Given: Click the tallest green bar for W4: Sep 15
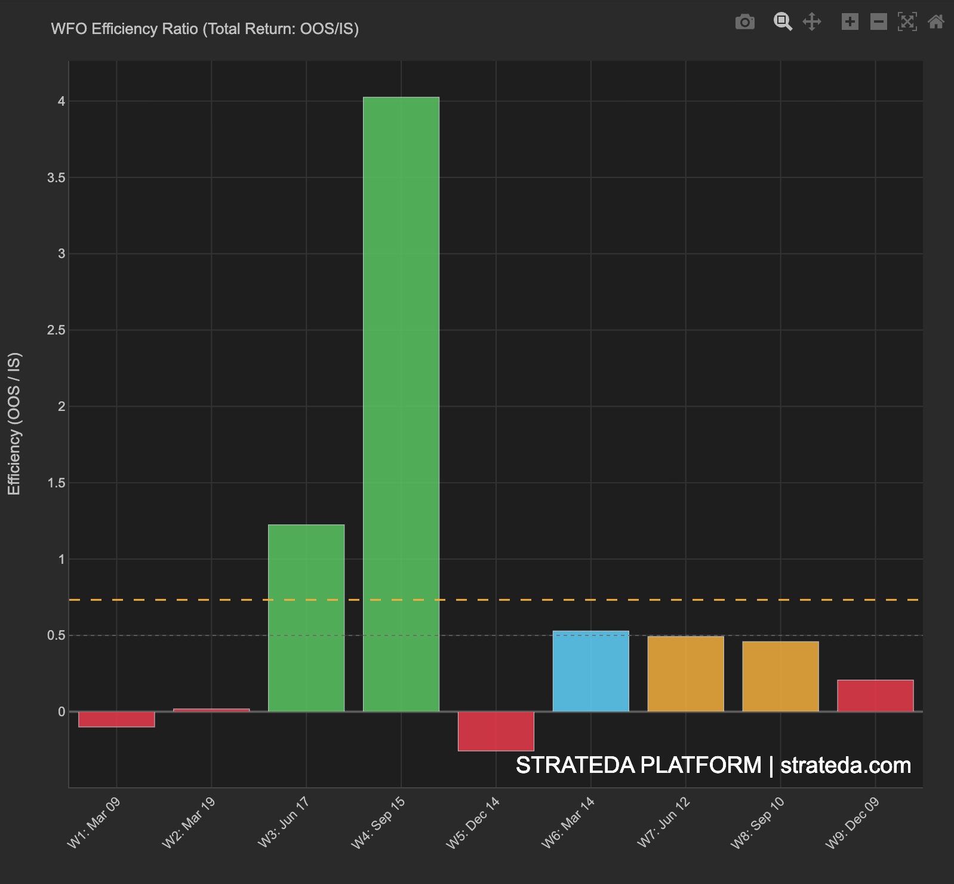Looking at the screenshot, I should (x=401, y=404).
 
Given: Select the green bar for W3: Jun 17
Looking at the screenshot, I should (x=306, y=618).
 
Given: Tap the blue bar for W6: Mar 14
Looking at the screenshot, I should (x=591, y=671).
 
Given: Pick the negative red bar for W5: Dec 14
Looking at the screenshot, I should (x=496, y=731).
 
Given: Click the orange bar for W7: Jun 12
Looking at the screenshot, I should (x=685, y=674).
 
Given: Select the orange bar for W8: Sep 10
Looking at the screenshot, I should (x=780, y=676).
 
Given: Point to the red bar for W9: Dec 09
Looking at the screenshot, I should (x=875, y=696).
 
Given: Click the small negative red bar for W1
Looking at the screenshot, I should (x=116, y=719).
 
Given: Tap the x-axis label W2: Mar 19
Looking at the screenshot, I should (x=189, y=822).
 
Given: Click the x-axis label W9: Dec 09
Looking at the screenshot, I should (x=853, y=822).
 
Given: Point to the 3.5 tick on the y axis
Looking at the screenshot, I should (x=57, y=178).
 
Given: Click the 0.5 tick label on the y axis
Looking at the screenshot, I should (x=57, y=636).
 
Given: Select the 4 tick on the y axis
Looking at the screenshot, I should (x=61, y=102).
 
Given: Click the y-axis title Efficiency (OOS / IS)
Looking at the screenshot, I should (x=14, y=423).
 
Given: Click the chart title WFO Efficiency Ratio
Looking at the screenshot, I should (x=205, y=29).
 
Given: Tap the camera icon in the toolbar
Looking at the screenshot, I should (x=744, y=22).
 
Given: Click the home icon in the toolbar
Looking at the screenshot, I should (x=935, y=22).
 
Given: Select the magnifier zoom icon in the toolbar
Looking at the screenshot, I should (x=783, y=22).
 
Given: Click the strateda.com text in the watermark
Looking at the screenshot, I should (x=845, y=765).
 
